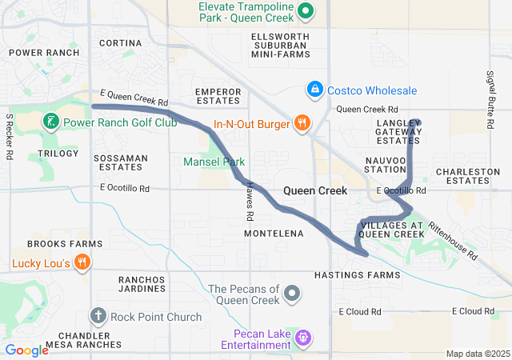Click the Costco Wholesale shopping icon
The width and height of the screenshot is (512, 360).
[316, 90]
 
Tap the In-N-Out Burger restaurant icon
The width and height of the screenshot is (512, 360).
[302, 123]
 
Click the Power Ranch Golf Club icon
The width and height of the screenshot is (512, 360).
[50, 122]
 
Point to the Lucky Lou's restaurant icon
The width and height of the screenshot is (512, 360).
[82, 262]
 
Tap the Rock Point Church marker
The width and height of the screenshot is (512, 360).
[99, 317]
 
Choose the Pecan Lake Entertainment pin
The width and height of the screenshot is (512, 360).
[303, 338]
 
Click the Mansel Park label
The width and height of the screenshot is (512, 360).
[214, 161]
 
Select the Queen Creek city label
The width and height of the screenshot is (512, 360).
[316, 191]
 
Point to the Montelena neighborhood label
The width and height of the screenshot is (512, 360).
[273, 234]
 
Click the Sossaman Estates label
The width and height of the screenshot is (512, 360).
[121, 162]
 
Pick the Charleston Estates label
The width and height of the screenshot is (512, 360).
[462, 176]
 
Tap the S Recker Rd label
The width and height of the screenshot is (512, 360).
[10, 137]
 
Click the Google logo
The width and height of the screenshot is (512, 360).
[26, 350]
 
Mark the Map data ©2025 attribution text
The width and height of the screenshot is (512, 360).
[477, 354]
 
